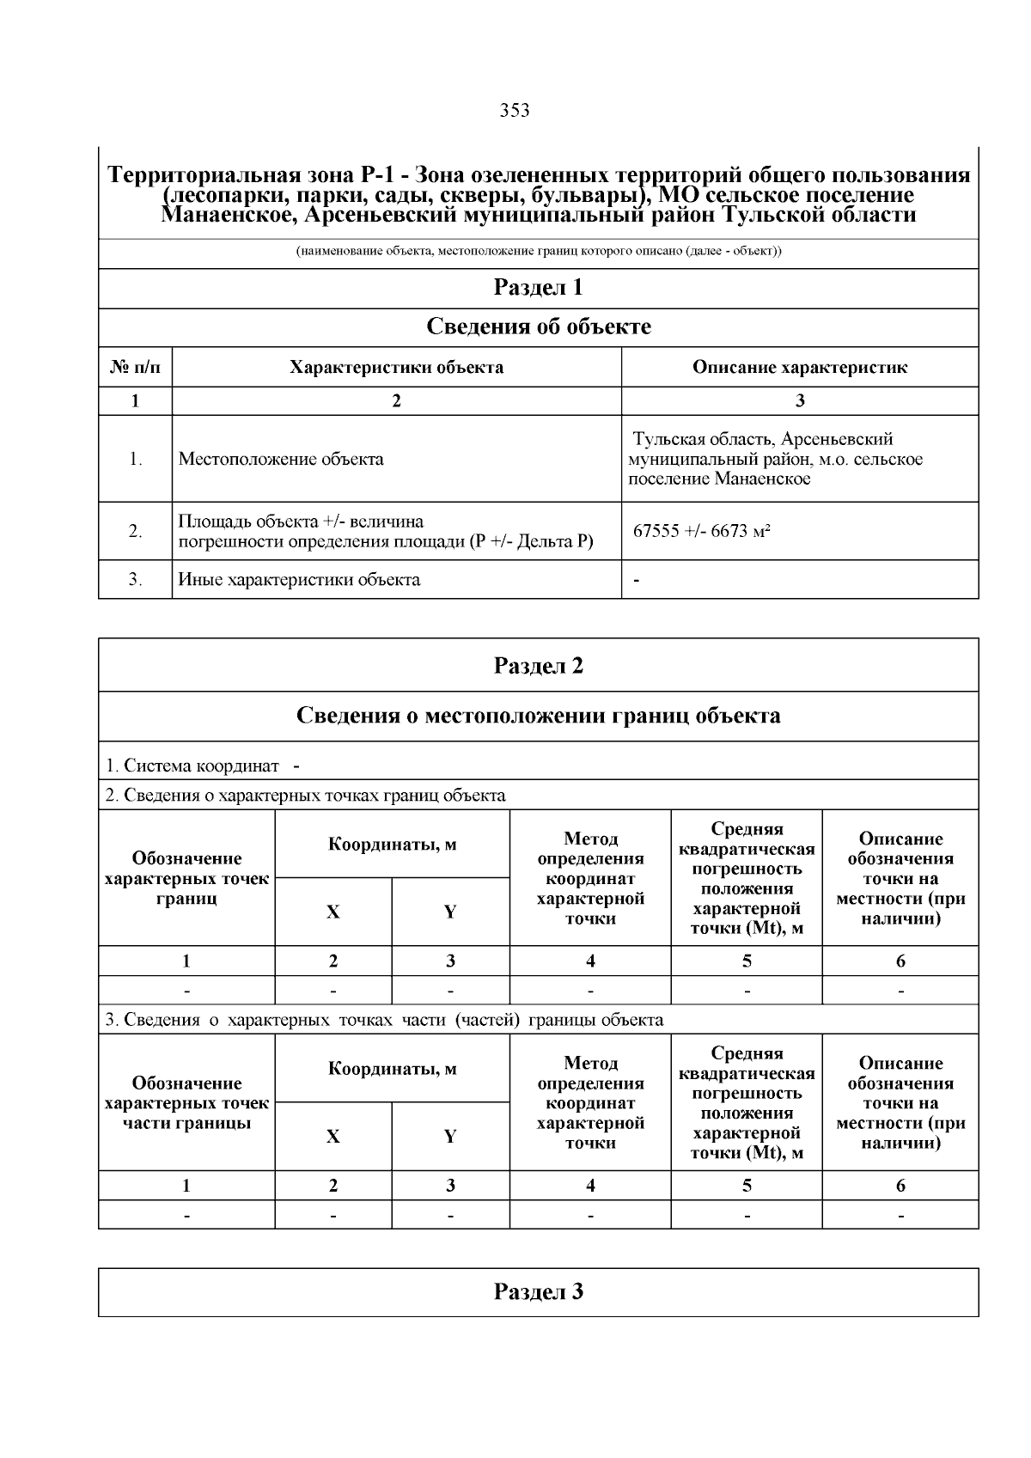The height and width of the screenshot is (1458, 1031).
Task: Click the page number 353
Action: (x=515, y=111)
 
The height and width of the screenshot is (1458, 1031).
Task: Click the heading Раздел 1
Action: (x=538, y=288)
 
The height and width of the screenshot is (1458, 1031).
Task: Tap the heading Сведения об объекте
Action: (x=538, y=327)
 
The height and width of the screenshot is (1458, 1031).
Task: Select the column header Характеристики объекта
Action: (x=396, y=368)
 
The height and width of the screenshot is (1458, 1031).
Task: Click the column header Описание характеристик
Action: (x=799, y=368)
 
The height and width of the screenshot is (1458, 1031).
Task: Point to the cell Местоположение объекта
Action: (x=281, y=459)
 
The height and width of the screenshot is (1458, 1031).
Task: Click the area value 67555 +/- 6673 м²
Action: (x=701, y=531)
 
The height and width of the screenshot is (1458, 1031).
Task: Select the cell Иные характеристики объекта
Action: (x=299, y=580)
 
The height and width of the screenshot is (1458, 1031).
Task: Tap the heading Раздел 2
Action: (x=538, y=666)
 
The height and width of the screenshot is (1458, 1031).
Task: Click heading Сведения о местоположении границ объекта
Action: (x=538, y=716)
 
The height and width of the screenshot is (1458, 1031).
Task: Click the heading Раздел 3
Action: (x=538, y=1292)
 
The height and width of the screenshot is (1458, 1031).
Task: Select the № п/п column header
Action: (x=135, y=368)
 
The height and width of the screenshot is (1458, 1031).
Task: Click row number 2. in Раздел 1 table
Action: (x=135, y=532)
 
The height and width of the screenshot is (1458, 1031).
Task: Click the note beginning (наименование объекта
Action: (x=538, y=253)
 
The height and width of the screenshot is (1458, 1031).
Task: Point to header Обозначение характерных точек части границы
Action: (x=186, y=1103)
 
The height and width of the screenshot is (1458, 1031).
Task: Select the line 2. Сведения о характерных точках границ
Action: (x=305, y=796)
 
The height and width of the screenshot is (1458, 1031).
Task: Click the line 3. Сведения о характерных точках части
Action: (x=384, y=1020)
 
